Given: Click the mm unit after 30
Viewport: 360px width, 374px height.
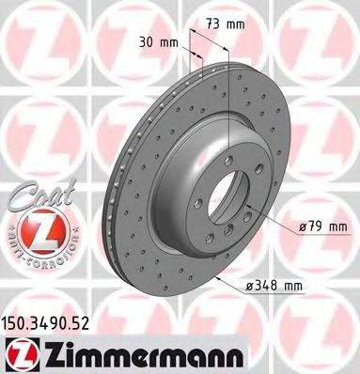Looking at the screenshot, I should pos(169,41).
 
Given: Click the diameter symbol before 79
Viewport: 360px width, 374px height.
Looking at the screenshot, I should pos(305,225).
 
